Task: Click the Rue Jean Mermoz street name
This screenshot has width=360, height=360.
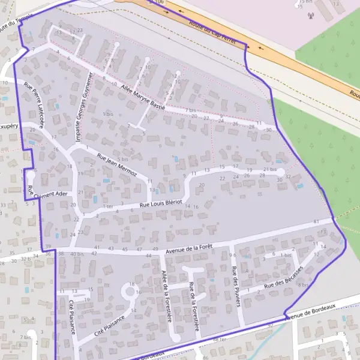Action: [x=117, y=165]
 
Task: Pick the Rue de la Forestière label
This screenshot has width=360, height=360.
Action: [x=193, y=305]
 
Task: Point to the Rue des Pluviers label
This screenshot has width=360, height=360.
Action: [x=235, y=286]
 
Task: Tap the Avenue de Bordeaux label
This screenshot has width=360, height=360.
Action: [x=309, y=311]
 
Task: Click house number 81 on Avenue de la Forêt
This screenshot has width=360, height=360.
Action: [x=316, y=222]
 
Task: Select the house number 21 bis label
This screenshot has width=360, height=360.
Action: [x=270, y=170]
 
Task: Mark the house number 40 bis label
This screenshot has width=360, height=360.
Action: [x=77, y=254]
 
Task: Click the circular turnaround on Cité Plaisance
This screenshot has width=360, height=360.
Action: [x=129, y=292]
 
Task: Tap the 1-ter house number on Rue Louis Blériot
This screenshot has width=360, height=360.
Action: [x=108, y=206]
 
